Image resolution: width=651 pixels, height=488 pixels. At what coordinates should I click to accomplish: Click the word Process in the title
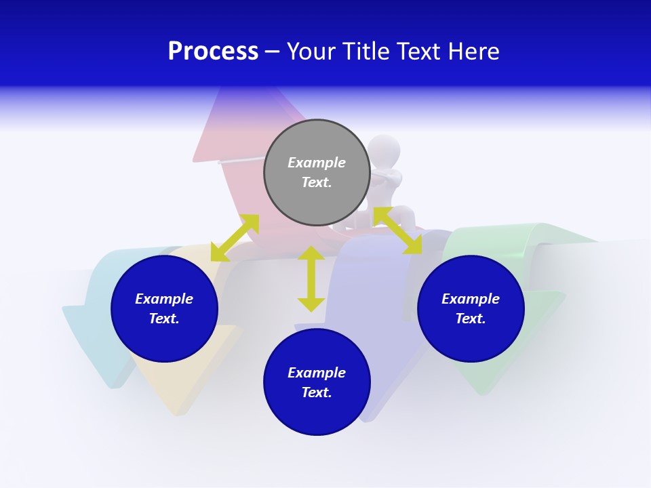coord(213,52)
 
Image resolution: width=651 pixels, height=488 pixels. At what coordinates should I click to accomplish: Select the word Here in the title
coord(473,52)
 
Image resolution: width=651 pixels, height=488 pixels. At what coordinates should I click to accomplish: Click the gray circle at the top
coord(317,173)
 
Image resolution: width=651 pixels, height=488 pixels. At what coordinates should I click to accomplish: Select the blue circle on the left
coord(164,309)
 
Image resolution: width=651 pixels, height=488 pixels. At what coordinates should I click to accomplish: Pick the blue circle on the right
coord(471,309)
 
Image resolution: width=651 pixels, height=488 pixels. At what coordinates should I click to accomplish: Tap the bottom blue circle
coord(317,382)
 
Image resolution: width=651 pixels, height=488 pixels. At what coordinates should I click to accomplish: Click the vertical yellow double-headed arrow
coord(311,279)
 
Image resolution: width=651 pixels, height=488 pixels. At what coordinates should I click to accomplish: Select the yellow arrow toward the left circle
coord(235,238)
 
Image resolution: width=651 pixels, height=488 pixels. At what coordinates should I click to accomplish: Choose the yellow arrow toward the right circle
coord(398,230)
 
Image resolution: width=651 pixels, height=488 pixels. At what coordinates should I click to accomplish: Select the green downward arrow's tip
coord(481,392)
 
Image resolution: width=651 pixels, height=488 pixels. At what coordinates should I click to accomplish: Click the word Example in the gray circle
coord(317,163)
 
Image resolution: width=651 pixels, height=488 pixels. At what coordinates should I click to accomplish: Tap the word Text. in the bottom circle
coord(317,392)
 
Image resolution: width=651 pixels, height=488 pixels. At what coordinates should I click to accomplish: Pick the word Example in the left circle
coord(164,299)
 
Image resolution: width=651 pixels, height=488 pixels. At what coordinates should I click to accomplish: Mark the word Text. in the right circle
coord(471,319)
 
